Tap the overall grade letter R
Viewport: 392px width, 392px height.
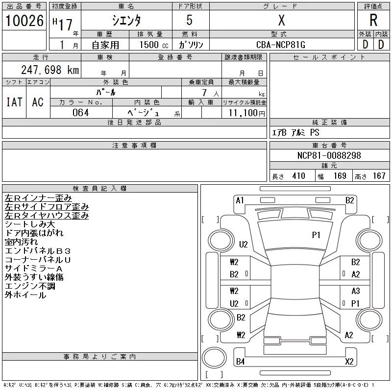tap(373, 21)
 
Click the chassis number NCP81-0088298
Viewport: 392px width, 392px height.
tap(329, 155)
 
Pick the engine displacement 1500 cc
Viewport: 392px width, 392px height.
tap(150, 45)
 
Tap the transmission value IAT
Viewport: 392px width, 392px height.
tap(14, 102)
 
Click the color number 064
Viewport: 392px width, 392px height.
tap(80, 113)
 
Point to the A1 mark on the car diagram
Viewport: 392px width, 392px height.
tap(240, 200)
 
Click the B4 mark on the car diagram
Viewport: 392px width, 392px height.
tap(240, 362)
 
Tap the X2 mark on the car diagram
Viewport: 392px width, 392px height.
tap(349, 362)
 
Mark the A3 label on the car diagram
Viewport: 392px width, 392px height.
tap(356, 291)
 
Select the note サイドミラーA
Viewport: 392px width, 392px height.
tap(34, 269)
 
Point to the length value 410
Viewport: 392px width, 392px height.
tap(298, 176)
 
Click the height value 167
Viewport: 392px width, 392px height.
tap(379, 176)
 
